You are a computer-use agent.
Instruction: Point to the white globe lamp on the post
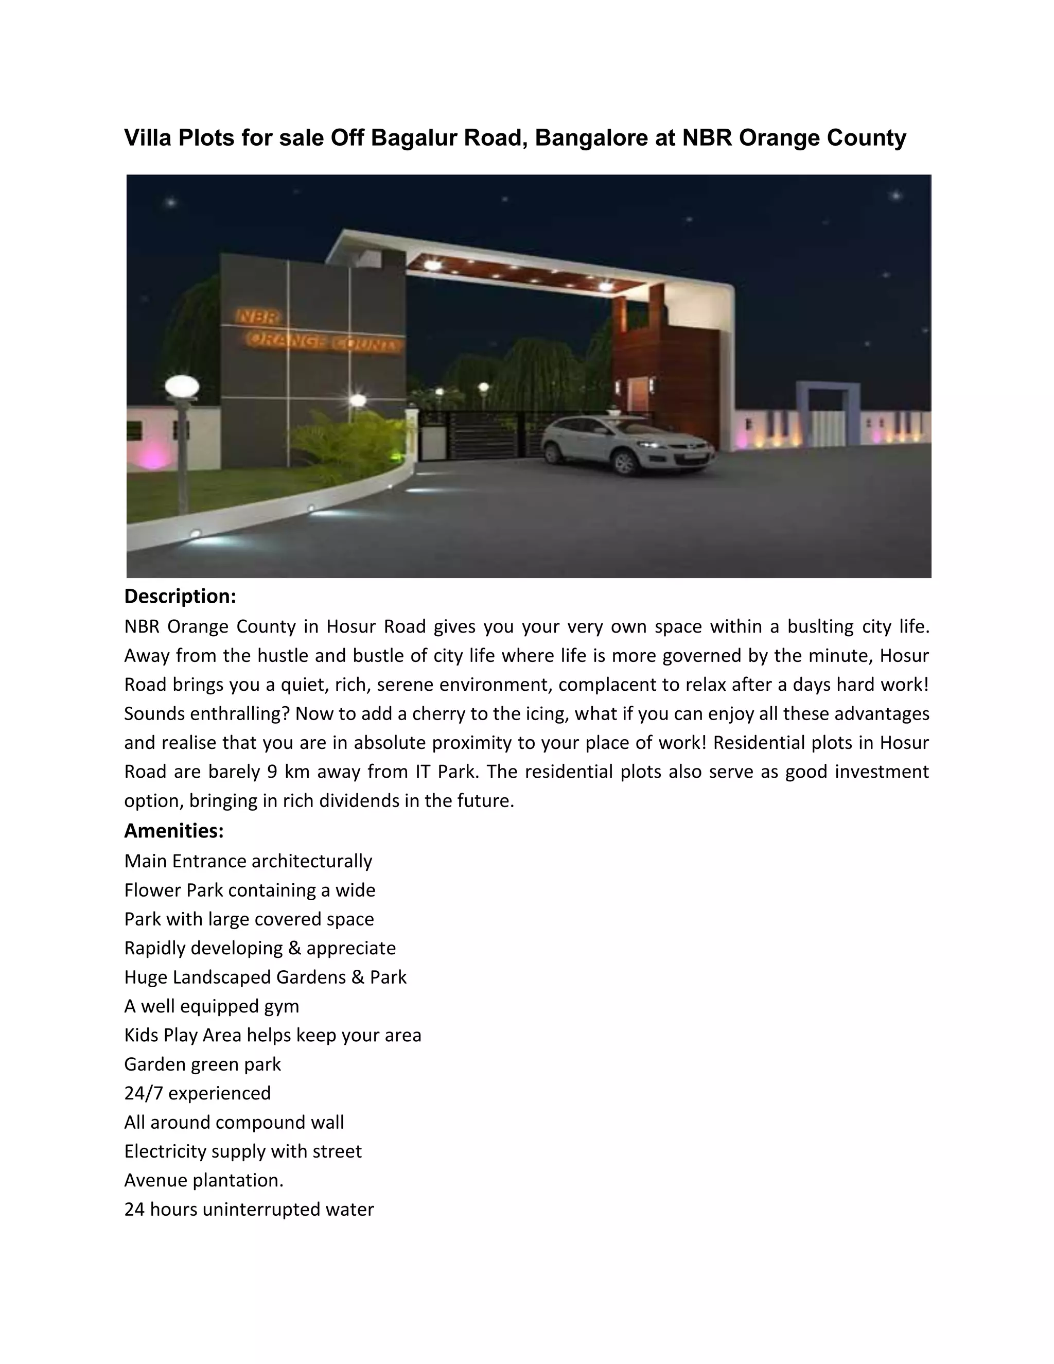pyautogui.click(x=182, y=387)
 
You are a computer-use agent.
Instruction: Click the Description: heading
pyautogui.click(x=180, y=597)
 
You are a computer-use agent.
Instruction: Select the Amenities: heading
pyautogui.click(x=173, y=831)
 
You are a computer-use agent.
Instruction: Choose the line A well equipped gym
pyautogui.click(x=212, y=1006)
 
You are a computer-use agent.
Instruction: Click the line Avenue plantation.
pyautogui.click(x=204, y=1180)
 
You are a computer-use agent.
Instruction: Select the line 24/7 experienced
pyautogui.click(x=197, y=1093)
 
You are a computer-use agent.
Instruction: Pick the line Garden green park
pyautogui.click(x=202, y=1064)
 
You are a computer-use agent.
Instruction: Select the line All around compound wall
pyautogui.click(x=234, y=1122)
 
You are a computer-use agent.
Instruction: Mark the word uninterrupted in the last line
pyautogui.click(x=262, y=1210)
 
